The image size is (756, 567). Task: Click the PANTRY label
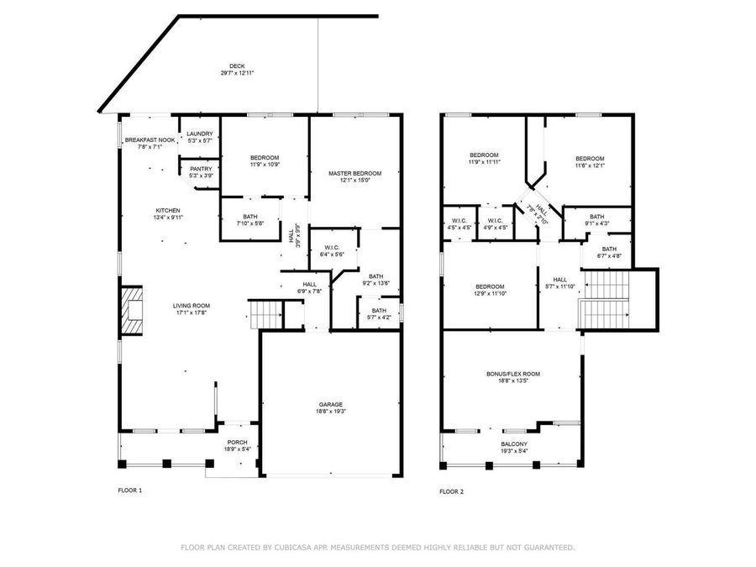pyautogui.click(x=200, y=168)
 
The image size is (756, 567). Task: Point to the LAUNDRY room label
pyautogui.click(x=200, y=134)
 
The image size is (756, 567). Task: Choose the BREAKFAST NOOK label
pyautogui.click(x=150, y=139)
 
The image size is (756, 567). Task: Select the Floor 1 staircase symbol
pyautogui.click(x=266, y=315)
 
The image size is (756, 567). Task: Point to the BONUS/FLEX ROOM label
pyautogui.click(x=512, y=374)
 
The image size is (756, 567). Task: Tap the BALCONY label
pyautogui.click(x=514, y=444)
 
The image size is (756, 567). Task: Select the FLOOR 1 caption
pyautogui.click(x=129, y=490)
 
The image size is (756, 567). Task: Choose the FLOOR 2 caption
pyautogui.click(x=450, y=491)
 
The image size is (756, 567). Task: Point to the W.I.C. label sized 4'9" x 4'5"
pyautogui.click(x=493, y=221)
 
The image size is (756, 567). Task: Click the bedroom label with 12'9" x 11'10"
pyautogui.click(x=489, y=286)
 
